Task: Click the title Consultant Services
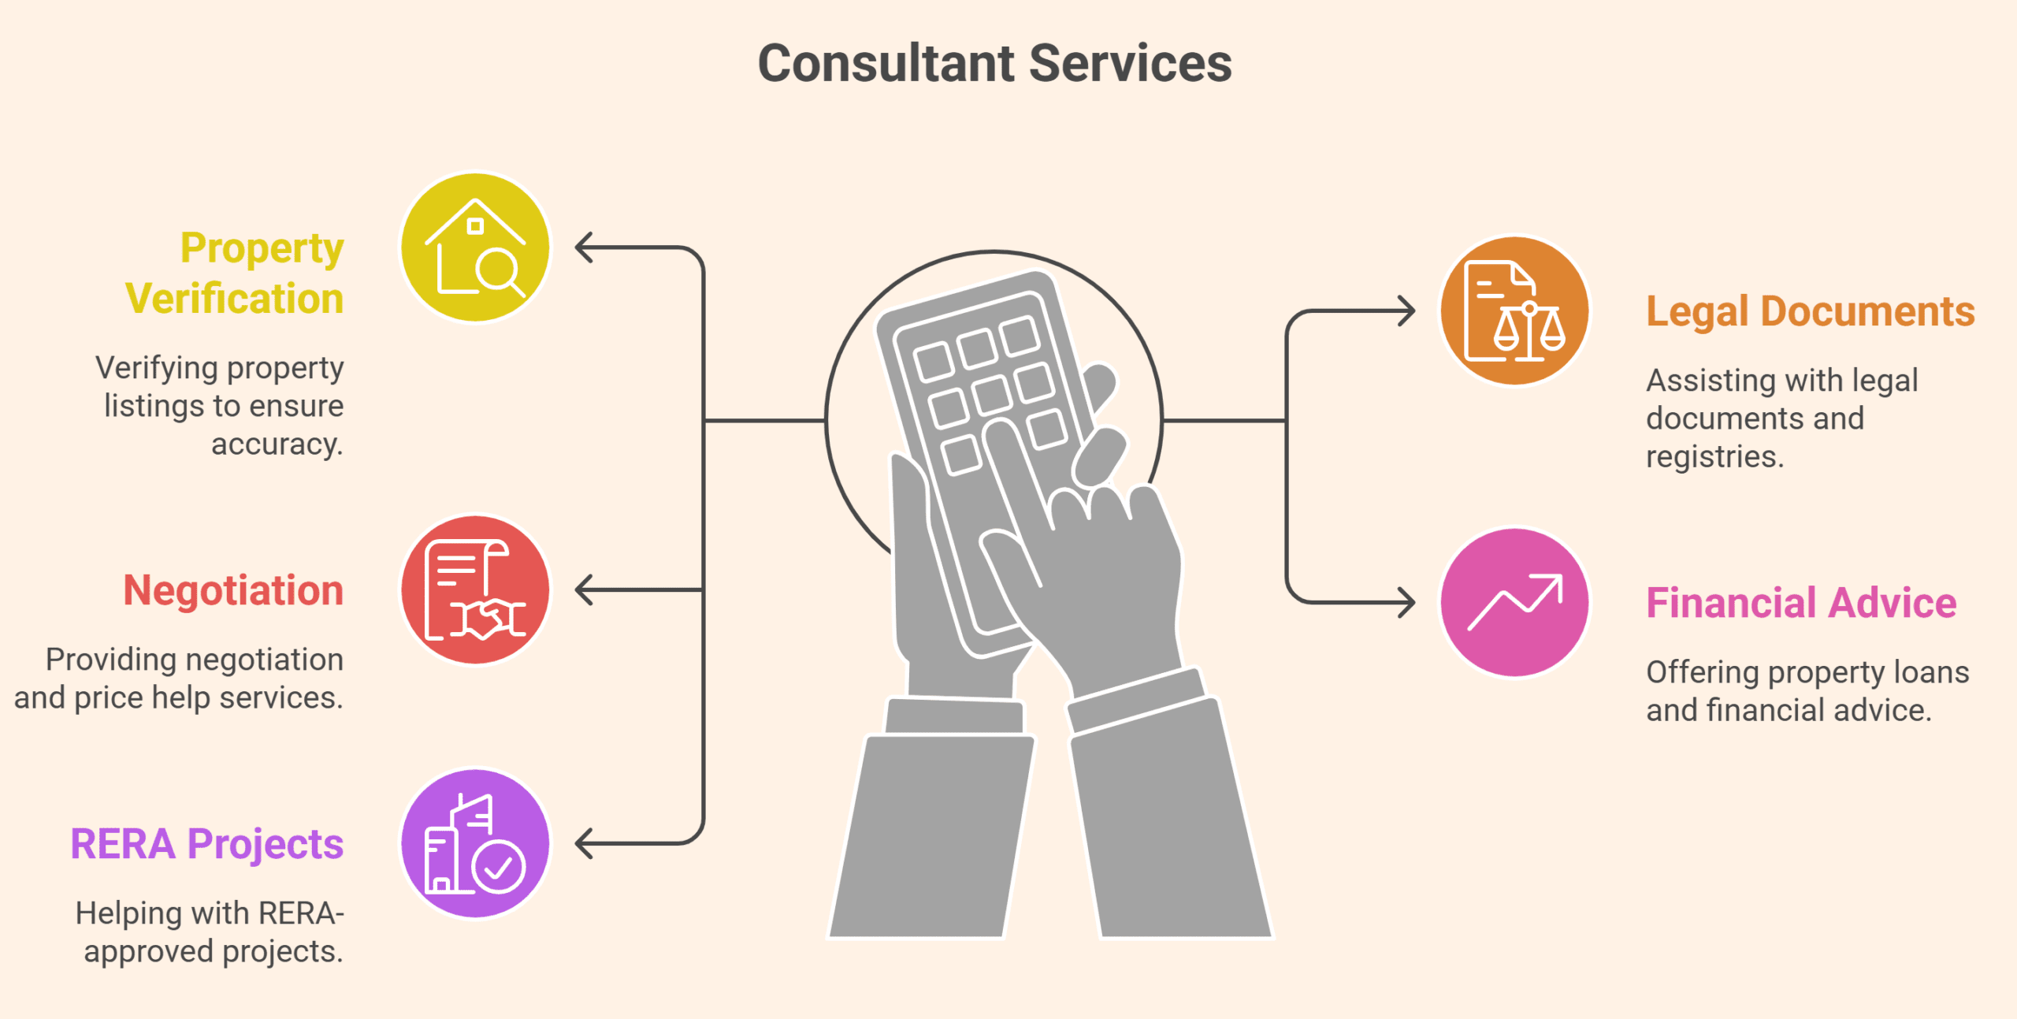coord(994,63)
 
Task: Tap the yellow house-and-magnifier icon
coord(475,247)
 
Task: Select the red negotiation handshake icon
coord(475,589)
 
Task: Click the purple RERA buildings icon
coord(475,843)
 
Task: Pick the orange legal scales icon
coord(1514,311)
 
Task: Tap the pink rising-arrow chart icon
coord(1514,602)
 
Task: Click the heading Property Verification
coord(235,273)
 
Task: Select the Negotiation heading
coord(233,589)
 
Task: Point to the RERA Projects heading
coord(206,845)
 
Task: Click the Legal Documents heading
coord(1811,311)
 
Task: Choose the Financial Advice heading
coord(1801,603)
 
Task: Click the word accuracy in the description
coord(277,444)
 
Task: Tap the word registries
coord(1714,456)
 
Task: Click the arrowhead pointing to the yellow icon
coord(584,247)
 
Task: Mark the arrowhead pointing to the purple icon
coord(584,843)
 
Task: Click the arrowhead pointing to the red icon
coord(584,589)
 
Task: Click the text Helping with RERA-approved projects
coord(210,932)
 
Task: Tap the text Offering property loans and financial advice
coord(1807,690)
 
